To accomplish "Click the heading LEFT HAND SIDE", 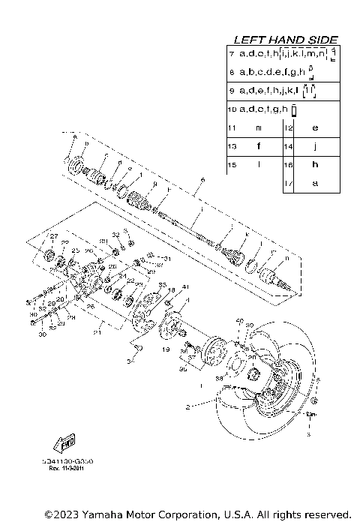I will (286, 39).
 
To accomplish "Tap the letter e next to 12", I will (315, 128).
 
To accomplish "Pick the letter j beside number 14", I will (315, 146).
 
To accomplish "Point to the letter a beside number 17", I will (315, 182).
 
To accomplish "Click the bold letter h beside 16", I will (315, 164).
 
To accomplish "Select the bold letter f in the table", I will (258, 146).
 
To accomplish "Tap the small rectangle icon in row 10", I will (295, 110).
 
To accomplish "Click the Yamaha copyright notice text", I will (197, 514).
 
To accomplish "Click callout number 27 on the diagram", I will (53, 236).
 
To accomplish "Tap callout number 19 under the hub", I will (165, 349).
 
